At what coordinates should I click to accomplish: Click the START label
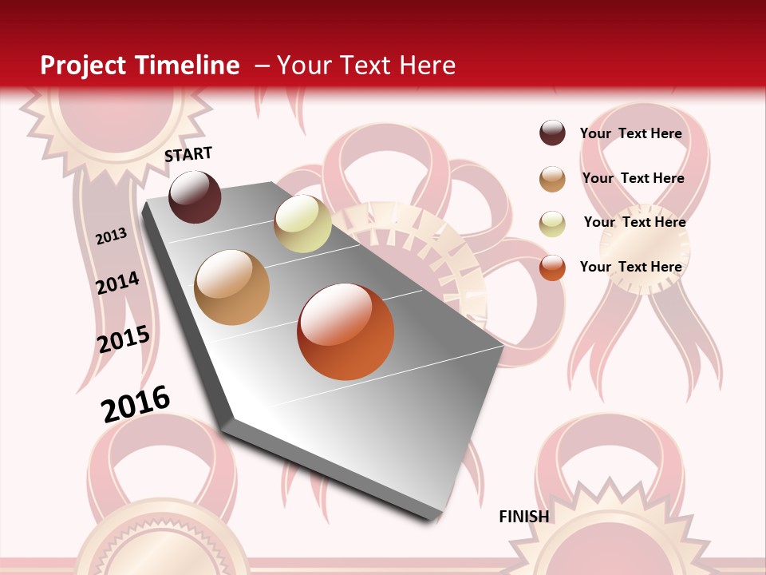click(x=188, y=154)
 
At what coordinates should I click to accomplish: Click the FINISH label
click(x=524, y=517)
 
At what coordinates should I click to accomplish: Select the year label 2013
click(x=112, y=236)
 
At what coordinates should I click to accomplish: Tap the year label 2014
click(x=118, y=283)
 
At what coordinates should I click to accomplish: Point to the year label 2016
click(x=136, y=403)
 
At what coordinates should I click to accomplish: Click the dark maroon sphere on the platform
click(x=195, y=196)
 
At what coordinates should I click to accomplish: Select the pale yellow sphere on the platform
click(x=302, y=224)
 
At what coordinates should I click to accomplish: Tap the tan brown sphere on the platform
click(x=232, y=287)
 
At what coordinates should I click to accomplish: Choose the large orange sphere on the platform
click(x=345, y=331)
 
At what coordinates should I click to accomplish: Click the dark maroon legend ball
click(x=552, y=133)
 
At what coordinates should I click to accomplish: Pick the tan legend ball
click(x=552, y=179)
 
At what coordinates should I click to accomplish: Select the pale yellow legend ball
click(x=552, y=224)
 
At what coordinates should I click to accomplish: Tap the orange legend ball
click(x=552, y=268)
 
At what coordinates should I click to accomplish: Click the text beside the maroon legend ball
click(x=630, y=133)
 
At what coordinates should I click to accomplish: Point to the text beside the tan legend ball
click(x=633, y=178)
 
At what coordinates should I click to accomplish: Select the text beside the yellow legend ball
click(x=634, y=222)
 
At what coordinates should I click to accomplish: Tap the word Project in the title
click(x=82, y=65)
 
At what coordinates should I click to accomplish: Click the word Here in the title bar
click(x=427, y=65)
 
